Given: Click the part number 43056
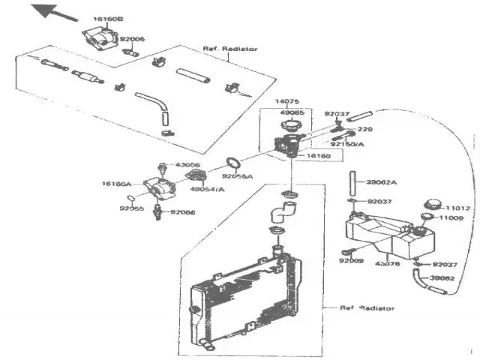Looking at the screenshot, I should pos(187,165).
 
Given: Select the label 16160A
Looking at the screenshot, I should pos(116,183).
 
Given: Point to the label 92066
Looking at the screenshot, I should pos(182,212).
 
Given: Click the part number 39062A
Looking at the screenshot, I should pos(382,182).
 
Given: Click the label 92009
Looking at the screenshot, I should pos(350,261).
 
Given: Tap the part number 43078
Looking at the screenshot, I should pos(387,263).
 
